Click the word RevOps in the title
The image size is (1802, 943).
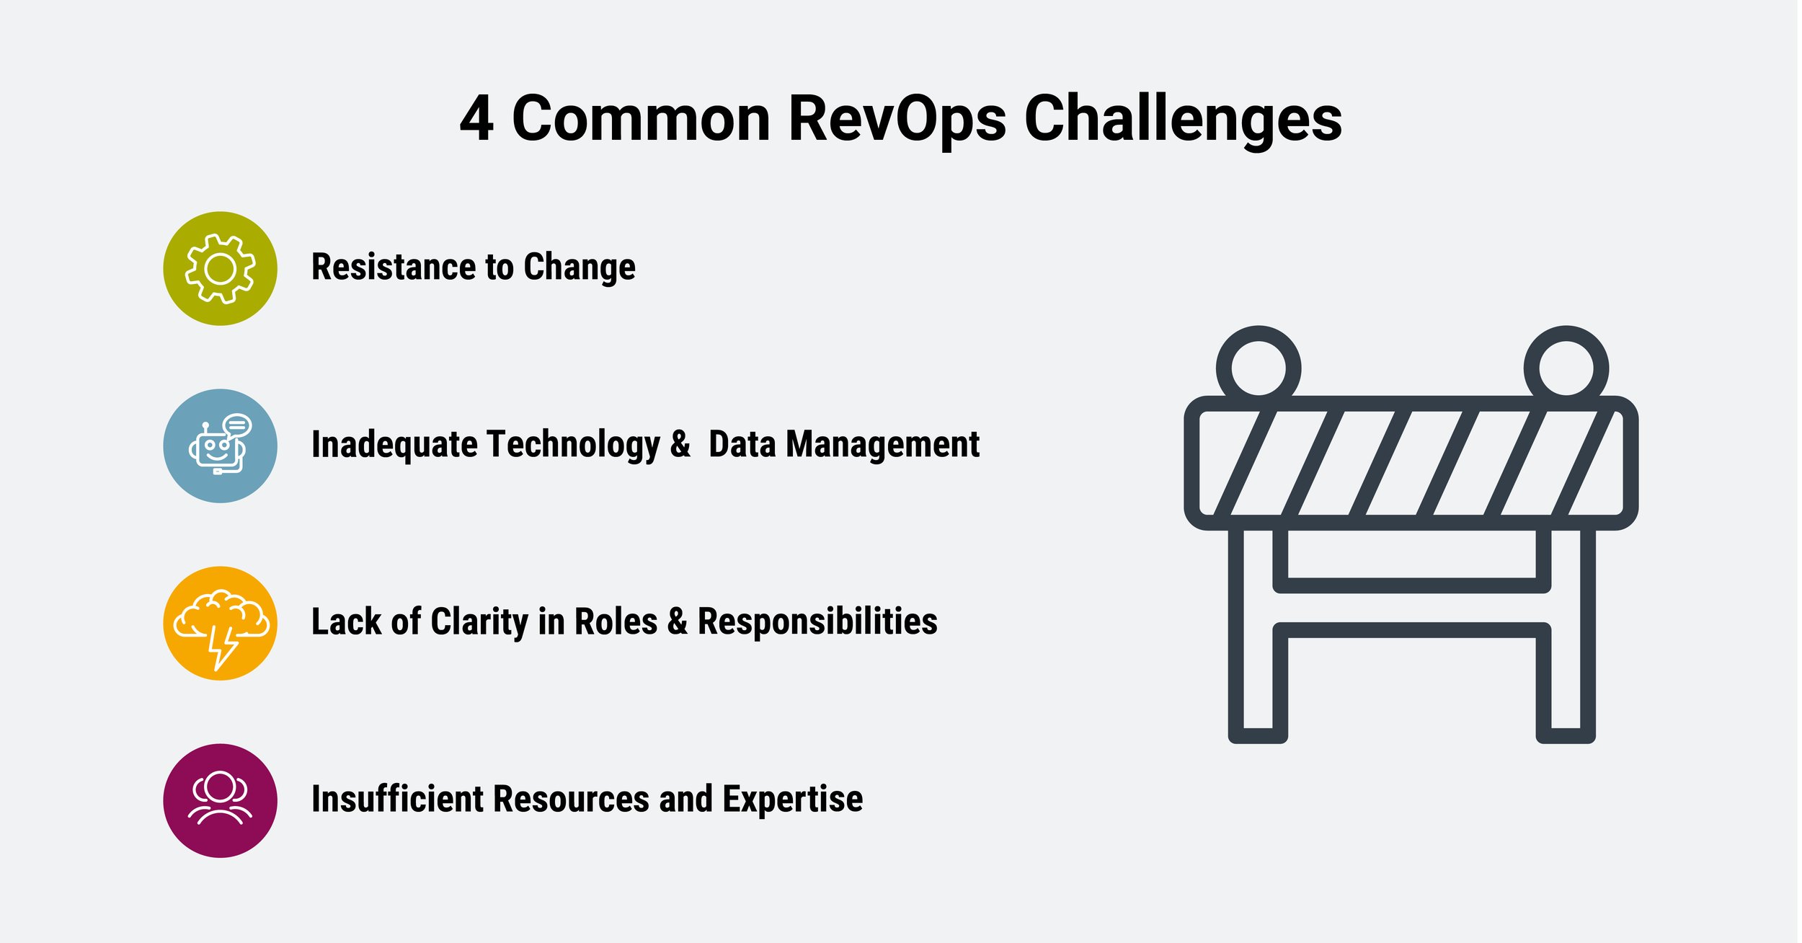coord(897,119)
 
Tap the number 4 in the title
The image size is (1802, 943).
coord(477,119)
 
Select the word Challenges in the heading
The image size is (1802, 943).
coord(1182,119)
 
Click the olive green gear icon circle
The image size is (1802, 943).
coord(221,269)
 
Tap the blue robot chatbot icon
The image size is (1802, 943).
coord(221,446)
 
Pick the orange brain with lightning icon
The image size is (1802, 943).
coord(221,624)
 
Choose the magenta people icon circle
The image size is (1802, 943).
coord(221,801)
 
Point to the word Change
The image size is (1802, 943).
coord(580,267)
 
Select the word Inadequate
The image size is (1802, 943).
coord(394,445)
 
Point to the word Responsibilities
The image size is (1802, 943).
coord(817,622)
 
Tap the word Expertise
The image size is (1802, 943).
coord(792,800)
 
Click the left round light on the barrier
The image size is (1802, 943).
coord(1259,368)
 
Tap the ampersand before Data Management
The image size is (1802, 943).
coord(680,445)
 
